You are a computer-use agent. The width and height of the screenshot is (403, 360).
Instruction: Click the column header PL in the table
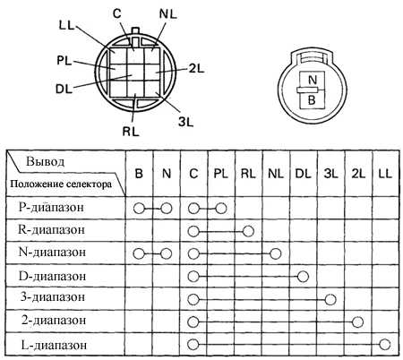tap(221, 174)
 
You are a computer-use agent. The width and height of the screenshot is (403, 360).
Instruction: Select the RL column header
tap(248, 174)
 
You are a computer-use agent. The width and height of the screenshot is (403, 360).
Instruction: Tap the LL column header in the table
tap(385, 174)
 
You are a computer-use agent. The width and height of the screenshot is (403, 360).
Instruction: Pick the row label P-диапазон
tap(51, 207)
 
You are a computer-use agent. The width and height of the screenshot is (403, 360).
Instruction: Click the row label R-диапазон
tap(51, 230)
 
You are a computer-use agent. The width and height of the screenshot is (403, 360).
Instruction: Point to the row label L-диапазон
tap(54, 345)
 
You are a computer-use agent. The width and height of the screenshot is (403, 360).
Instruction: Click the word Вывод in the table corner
tap(45, 162)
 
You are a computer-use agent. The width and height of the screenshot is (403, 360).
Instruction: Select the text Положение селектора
tap(61, 184)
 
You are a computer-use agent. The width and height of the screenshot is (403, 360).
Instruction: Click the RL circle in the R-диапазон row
tap(248, 231)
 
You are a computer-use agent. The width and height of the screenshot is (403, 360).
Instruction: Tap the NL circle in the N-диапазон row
tap(276, 253)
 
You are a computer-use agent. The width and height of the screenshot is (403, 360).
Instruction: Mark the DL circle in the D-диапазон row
tap(303, 277)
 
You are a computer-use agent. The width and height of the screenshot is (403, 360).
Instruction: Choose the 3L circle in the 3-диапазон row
tap(330, 299)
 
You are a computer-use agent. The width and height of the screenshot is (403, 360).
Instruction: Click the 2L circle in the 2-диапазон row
tap(357, 322)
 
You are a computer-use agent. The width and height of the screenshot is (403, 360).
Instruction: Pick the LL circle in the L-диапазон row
tap(385, 345)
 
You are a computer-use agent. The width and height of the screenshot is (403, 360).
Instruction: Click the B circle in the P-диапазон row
tap(139, 209)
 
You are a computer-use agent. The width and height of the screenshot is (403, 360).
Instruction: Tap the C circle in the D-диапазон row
tap(193, 277)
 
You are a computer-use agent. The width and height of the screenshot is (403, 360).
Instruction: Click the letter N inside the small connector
tap(312, 80)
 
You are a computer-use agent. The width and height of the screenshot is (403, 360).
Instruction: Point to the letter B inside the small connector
tap(312, 100)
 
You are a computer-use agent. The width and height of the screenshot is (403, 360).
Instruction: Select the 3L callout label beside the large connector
tap(185, 122)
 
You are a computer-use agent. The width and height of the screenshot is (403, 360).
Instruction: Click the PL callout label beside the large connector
tap(64, 61)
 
